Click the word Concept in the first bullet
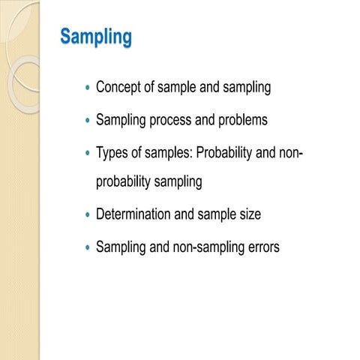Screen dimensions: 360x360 pyautogui.click(x=120, y=88)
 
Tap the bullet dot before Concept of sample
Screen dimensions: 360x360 pyautogui.click(x=88, y=88)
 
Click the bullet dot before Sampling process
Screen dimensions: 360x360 pyautogui.click(x=88, y=121)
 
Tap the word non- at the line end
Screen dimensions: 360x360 pyautogui.click(x=289, y=153)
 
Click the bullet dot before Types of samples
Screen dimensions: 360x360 pyautogui.click(x=88, y=154)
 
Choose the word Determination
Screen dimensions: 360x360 pyautogui.click(x=133, y=214)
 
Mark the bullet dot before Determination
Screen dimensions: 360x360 pyautogui.click(x=88, y=215)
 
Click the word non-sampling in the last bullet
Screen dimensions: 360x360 pyautogui.click(x=207, y=246)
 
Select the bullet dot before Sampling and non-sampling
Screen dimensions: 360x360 pyautogui.click(x=88, y=247)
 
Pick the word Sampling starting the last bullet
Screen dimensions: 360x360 pyautogui.click(x=121, y=246)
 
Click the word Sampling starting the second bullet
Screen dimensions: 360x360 pyautogui.click(x=121, y=120)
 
